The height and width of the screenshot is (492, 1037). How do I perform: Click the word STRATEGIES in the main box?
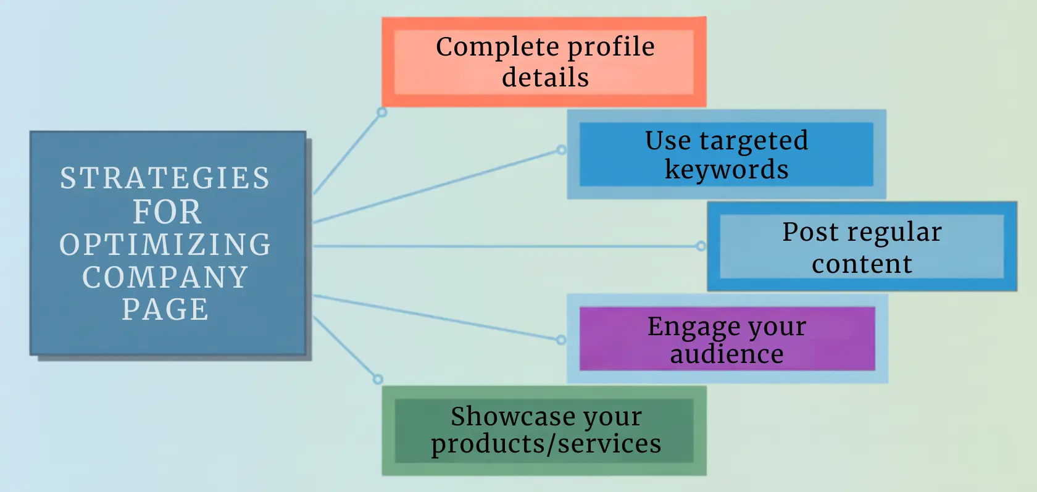165,178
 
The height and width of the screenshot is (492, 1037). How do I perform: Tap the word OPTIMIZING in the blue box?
165,244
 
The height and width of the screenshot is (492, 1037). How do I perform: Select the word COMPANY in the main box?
165,277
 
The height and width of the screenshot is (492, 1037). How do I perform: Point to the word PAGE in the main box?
165,309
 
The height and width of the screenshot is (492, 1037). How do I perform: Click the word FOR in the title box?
167,212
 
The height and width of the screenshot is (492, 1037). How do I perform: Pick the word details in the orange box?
545,78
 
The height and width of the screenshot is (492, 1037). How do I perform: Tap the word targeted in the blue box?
753,141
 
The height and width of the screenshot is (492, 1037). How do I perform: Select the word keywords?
727,170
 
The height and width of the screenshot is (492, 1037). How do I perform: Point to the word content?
862,264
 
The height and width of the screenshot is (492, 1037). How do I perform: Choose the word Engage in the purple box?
693,327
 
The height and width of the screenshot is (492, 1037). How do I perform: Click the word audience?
727,354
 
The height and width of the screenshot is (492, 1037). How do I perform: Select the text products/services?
546,444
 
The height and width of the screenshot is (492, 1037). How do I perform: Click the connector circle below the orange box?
382,112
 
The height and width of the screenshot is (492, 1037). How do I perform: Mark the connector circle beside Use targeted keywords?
561,150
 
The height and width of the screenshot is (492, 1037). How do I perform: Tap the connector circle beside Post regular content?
701,246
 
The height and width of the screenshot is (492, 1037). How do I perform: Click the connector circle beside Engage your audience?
561,340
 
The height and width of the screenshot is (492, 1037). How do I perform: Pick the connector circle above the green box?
378,380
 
